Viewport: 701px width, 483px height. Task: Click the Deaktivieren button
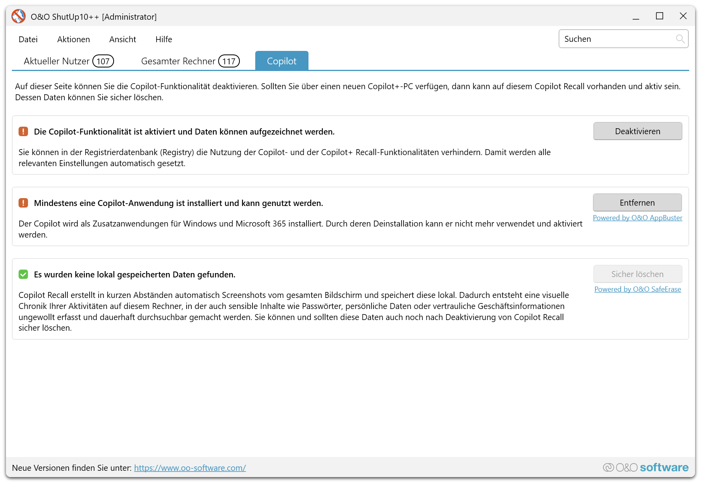click(x=637, y=131)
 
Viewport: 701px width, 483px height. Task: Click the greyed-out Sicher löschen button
click(x=637, y=274)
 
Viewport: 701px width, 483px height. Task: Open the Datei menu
click(x=28, y=39)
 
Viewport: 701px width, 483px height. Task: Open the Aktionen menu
click(x=73, y=39)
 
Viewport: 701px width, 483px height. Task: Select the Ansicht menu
click(x=122, y=39)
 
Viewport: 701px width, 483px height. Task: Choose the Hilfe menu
click(x=164, y=39)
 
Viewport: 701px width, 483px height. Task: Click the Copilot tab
click(x=282, y=61)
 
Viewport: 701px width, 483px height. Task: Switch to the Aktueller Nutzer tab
click(x=56, y=61)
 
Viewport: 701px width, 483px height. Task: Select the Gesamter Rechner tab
click(x=178, y=61)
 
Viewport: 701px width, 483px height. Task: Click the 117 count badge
click(x=229, y=61)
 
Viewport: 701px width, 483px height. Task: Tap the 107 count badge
click(x=103, y=61)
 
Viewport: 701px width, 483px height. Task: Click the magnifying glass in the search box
click(x=680, y=39)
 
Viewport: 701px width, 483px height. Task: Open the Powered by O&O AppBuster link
click(x=637, y=218)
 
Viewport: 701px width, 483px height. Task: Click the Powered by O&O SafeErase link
click(x=637, y=289)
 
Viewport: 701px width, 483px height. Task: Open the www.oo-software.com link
click(x=190, y=468)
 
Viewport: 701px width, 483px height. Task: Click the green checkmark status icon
click(x=23, y=274)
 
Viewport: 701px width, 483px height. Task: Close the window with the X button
click(x=683, y=16)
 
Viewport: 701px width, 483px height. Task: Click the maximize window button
click(x=660, y=16)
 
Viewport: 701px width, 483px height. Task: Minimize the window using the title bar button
click(x=636, y=17)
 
